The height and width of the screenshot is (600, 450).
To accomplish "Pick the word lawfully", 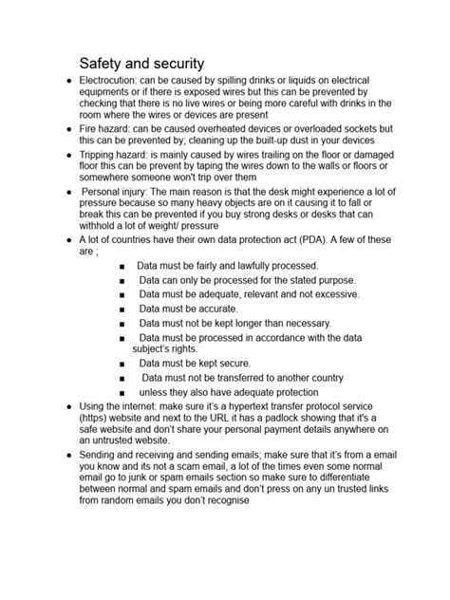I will point(256,267).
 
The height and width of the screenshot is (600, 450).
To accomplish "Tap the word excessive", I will point(328,295).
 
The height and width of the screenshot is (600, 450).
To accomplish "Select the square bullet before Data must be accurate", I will point(122,309).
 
